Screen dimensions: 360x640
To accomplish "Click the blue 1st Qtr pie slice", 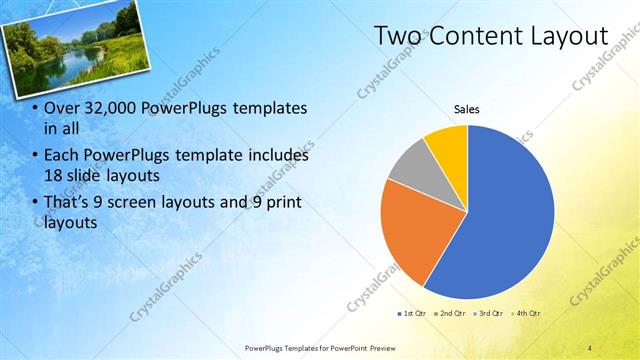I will [x=500, y=220].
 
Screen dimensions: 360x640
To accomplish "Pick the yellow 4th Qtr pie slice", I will [x=447, y=146].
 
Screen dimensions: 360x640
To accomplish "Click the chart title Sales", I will [x=467, y=109].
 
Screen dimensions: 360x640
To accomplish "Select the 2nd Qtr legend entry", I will [x=450, y=314].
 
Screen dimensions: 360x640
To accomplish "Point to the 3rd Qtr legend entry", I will [x=488, y=314].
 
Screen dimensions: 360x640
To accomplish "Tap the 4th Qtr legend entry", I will [x=525, y=314].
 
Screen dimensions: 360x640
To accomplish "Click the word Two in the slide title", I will [x=398, y=36].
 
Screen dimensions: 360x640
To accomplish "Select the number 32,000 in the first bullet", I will [x=108, y=108].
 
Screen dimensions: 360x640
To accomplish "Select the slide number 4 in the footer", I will [x=589, y=348].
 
